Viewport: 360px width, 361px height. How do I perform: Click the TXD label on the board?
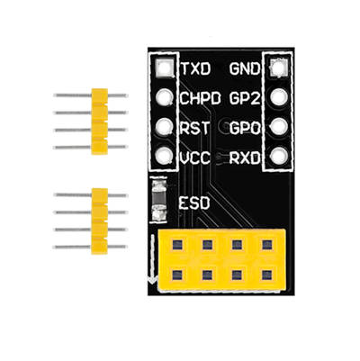tap(196, 69)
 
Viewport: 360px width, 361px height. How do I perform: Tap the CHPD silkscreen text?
tap(201, 98)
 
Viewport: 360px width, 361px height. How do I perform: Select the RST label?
tap(194, 128)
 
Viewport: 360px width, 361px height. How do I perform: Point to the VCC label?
tap(195, 158)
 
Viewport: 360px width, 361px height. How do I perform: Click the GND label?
tap(245, 69)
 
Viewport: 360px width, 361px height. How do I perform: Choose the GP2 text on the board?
tap(245, 98)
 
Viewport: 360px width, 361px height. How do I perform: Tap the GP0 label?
tap(245, 128)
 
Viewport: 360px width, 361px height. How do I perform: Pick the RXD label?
tap(245, 158)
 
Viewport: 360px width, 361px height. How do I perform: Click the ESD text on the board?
tap(193, 203)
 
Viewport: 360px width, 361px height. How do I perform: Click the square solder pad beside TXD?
tap(164, 68)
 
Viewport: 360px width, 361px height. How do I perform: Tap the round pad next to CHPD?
tap(164, 97)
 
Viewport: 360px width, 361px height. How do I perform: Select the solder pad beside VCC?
tap(164, 156)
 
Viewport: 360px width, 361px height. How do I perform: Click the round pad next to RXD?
tap(279, 156)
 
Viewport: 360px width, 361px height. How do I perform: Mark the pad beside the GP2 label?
tap(279, 97)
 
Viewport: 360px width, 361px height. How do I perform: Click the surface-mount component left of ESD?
tap(159, 200)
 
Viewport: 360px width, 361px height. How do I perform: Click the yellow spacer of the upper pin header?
tap(100, 122)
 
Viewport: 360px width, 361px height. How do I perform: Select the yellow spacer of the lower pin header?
tap(100, 221)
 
